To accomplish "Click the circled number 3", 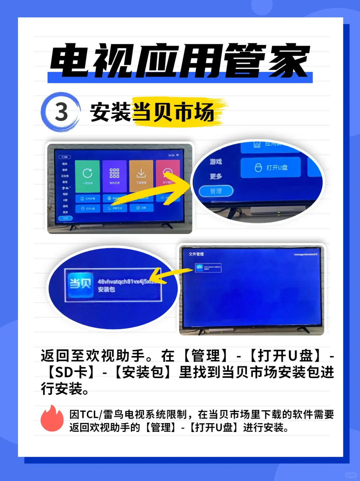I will (61, 112).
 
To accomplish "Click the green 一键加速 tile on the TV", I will (87, 176).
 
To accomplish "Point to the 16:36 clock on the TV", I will (171, 155).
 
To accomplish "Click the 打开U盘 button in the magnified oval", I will (271, 168).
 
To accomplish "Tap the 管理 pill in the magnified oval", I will (216, 191).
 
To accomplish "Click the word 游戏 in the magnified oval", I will (216, 162).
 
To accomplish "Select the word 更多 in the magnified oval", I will (216, 176).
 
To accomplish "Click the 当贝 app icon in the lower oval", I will (80, 284).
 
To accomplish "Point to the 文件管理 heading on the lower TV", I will (196, 254).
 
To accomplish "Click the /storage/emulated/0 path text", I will (305, 254).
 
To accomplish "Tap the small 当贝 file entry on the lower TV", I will (208, 268).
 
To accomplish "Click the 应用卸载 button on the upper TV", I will (88, 198).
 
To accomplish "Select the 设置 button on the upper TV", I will (141, 208).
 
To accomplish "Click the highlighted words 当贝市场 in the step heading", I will (173, 112).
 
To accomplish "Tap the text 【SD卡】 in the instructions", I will (72, 372).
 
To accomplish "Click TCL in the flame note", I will (89, 415).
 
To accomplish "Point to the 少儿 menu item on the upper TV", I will (65, 188).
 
